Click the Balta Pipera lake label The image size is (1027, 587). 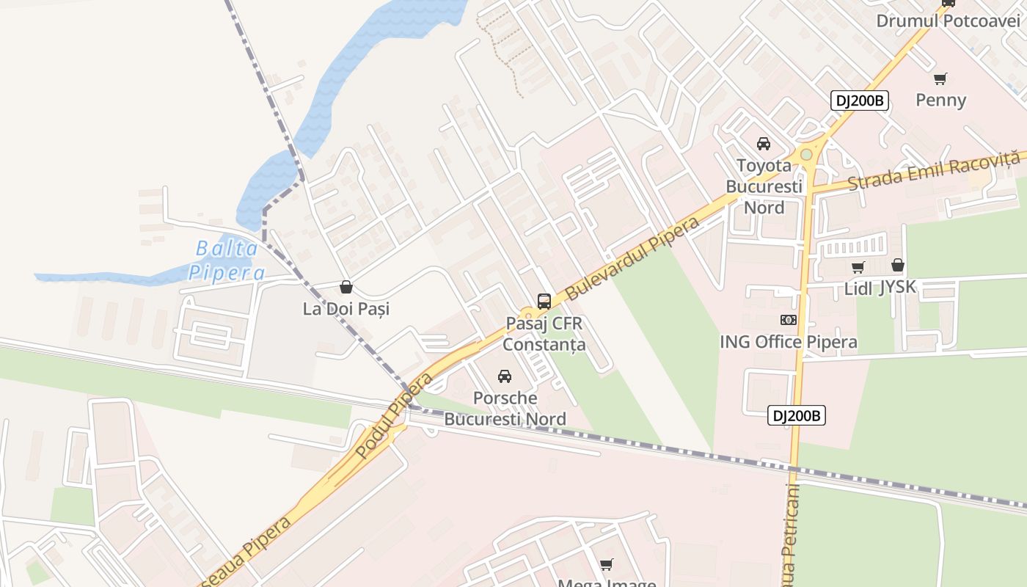pyautogui.click(x=227, y=260)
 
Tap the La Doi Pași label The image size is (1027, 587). pyautogui.click(x=346, y=309)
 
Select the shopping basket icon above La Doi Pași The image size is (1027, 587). pyautogui.click(x=346, y=287)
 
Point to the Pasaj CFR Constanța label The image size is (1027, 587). pyautogui.click(x=544, y=334)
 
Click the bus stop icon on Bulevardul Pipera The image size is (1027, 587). pyautogui.click(x=544, y=301)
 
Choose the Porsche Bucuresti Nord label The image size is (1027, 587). pyautogui.click(x=505, y=409)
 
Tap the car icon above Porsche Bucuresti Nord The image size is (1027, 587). pyautogui.click(x=505, y=376)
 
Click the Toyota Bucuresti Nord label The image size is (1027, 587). pyautogui.click(x=764, y=186)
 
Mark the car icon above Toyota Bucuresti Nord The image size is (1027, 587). pyautogui.click(x=764, y=143)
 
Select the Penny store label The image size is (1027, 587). pyautogui.click(x=941, y=100)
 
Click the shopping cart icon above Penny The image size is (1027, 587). pyautogui.click(x=940, y=79)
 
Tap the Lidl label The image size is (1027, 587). pyautogui.click(x=858, y=288)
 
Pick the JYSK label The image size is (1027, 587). pyautogui.click(x=898, y=287)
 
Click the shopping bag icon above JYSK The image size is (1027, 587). pyautogui.click(x=898, y=265)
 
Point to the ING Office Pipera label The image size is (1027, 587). pyautogui.click(x=789, y=342)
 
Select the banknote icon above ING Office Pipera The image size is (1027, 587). pyautogui.click(x=789, y=320)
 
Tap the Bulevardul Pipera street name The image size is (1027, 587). pyautogui.click(x=632, y=257)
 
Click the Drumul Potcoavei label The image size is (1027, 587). pyautogui.click(x=949, y=21)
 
